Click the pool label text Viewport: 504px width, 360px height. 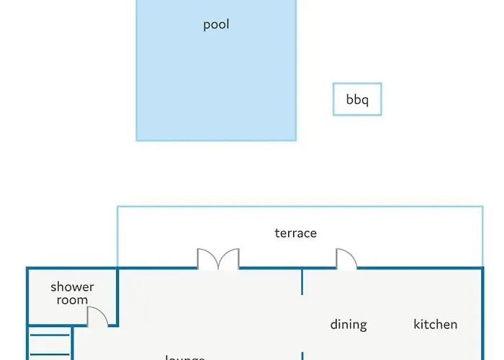[216, 24]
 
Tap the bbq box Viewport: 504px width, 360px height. [357, 99]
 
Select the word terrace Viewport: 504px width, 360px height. [295, 233]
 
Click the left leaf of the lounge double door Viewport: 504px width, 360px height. [207, 259]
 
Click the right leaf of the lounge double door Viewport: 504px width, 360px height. [230, 259]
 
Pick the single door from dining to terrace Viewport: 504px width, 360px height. [346, 259]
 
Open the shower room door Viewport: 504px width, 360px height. [97, 317]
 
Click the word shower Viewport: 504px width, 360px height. [72, 287]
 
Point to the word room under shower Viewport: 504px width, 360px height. [72, 300]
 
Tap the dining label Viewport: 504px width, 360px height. [348, 325]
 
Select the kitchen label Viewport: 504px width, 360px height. [435, 325]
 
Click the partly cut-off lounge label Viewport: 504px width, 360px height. [185, 356]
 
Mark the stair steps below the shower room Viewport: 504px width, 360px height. [50, 344]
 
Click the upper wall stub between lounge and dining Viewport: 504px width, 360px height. [302, 282]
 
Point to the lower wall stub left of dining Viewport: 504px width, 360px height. [302, 356]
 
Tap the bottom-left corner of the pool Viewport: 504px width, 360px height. [137, 140]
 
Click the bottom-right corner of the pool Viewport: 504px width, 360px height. [296, 140]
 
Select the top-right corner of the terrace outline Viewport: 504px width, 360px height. [482, 207]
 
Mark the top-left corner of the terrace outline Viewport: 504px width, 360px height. [117, 207]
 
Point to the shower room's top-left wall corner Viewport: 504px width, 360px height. [28, 269]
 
